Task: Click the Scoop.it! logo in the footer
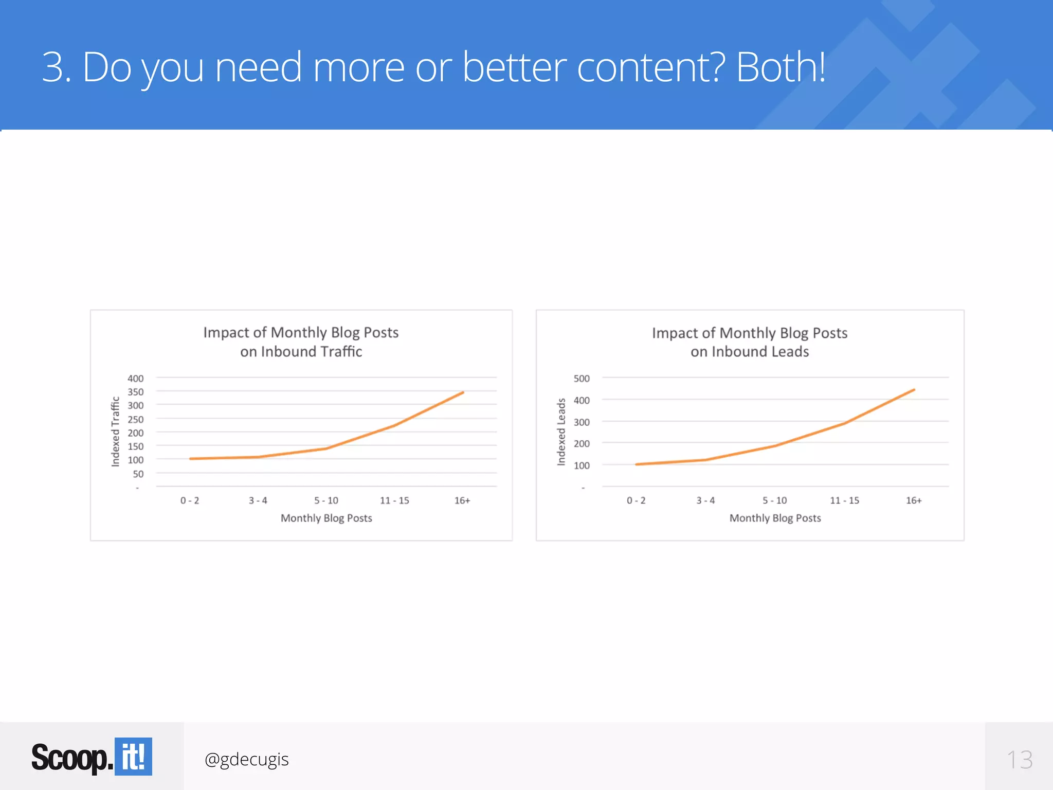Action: click(x=92, y=757)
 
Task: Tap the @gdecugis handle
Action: click(x=246, y=759)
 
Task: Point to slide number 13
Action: click(x=1019, y=760)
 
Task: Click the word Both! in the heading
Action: click(x=780, y=67)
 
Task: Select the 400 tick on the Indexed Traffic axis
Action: click(x=135, y=379)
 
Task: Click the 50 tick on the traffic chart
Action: click(x=138, y=474)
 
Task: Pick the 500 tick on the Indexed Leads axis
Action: click(x=582, y=379)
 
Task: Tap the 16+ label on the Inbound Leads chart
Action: click(x=914, y=500)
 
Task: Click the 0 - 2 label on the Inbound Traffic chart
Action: click(x=190, y=500)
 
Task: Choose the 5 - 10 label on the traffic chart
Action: click(x=326, y=500)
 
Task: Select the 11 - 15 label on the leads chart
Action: click(x=844, y=500)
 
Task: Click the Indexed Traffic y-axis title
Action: click(x=115, y=432)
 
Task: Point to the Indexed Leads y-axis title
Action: click(x=561, y=432)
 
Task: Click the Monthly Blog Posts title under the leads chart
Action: click(x=775, y=518)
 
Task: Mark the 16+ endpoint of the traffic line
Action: click(x=463, y=392)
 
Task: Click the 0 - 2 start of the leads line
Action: click(x=637, y=464)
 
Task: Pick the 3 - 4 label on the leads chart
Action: click(x=705, y=500)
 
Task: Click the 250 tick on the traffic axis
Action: click(x=135, y=419)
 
